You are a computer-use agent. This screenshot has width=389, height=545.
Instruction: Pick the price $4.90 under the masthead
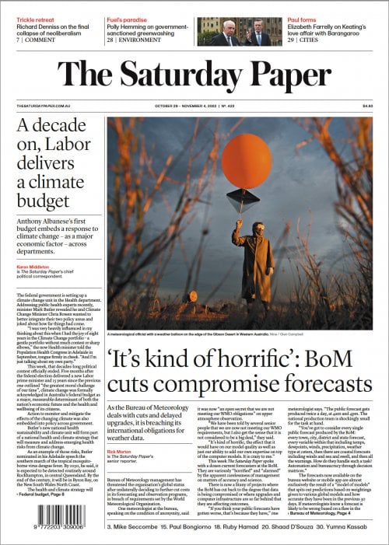[367, 106]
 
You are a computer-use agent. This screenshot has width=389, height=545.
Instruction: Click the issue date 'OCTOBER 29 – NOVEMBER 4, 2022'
[187, 106]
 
